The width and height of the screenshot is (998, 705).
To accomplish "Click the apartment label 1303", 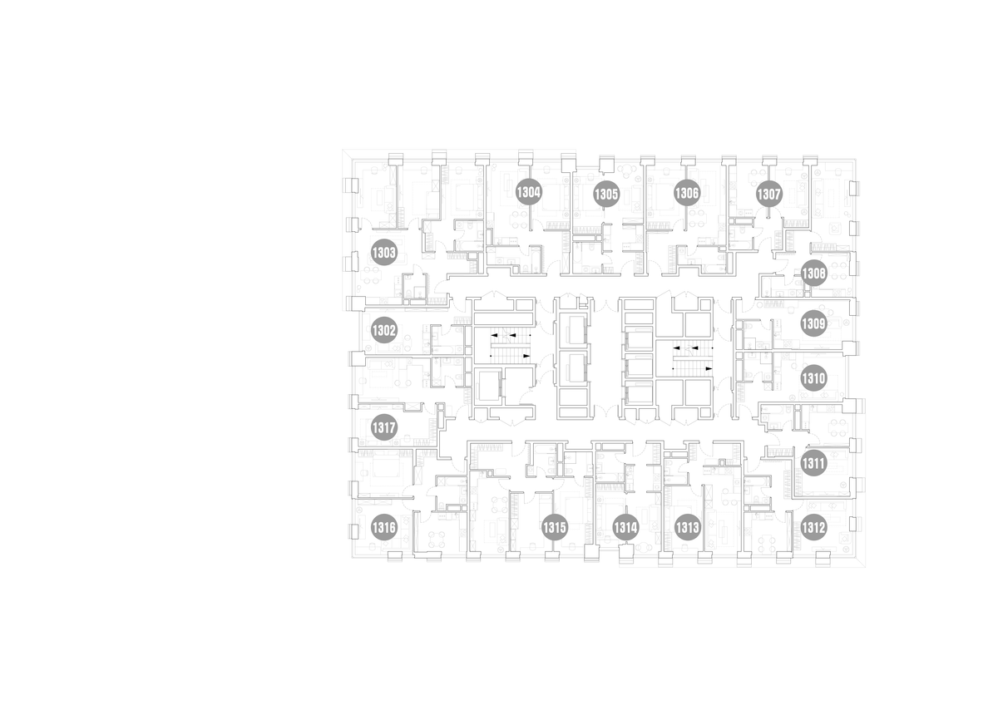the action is [383, 253].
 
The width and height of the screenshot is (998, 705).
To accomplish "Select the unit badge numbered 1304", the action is [528, 192].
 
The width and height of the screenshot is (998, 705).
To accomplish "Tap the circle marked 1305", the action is [606, 195].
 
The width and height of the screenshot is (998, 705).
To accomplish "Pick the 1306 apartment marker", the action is [687, 193].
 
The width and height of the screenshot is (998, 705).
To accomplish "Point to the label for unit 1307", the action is [769, 195].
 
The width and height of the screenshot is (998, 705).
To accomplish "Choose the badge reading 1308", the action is [813, 273].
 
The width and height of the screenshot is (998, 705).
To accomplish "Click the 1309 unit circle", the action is [813, 323].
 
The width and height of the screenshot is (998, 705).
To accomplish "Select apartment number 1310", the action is [813, 378].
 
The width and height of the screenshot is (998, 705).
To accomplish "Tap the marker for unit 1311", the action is [813, 463].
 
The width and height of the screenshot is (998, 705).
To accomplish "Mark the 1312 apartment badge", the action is [813, 528].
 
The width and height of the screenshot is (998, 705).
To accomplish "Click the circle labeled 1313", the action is [687, 528].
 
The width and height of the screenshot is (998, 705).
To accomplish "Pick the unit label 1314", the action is [625, 528].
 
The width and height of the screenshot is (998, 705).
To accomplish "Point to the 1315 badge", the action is [555, 528].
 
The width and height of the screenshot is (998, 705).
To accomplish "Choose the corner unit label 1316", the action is [383, 528].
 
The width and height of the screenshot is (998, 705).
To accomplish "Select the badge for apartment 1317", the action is [383, 428].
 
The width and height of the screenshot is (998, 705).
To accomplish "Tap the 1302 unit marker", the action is [383, 330].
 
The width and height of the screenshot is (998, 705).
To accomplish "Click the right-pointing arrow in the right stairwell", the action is [709, 369].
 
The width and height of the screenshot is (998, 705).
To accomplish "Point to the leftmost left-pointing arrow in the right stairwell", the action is [676, 348].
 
